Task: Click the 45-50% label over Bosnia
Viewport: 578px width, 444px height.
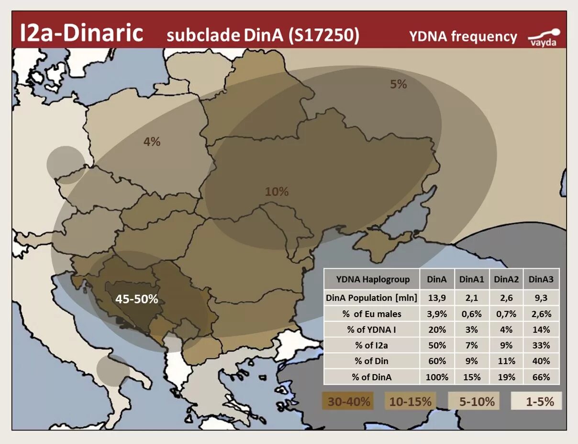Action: tap(136, 299)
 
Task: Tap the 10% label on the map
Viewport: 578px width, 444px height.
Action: tap(277, 192)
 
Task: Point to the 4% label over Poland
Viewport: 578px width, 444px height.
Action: tap(152, 142)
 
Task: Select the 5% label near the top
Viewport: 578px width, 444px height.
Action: tap(398, 84)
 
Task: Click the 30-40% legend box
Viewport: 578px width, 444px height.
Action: tap(349, 401)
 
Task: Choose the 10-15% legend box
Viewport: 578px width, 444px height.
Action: tap(410, 401)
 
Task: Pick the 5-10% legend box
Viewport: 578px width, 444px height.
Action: tap(473, 401)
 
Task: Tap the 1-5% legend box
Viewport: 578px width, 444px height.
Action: tap(536, 401)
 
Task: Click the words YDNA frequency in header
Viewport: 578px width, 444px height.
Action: tap(463, 37)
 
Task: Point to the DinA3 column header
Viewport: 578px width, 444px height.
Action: tap(542, 279)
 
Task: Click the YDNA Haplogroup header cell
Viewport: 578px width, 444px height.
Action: tap(372, 279)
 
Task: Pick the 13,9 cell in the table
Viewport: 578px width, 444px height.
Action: tap(437, 297)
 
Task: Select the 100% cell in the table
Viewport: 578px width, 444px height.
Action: tap(437, 377)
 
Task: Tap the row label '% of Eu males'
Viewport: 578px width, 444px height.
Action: tap(372, 314)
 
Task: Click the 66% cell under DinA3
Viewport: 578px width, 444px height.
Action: tap(542, 377)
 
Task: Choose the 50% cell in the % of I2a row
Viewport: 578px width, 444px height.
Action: tap(437, 345)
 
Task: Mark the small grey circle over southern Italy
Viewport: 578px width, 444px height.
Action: tap(113, 370)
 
